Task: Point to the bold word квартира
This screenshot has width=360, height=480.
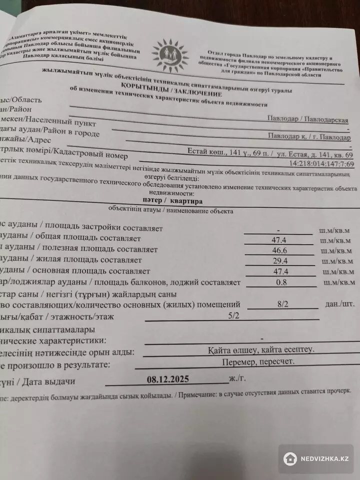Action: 185,200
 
